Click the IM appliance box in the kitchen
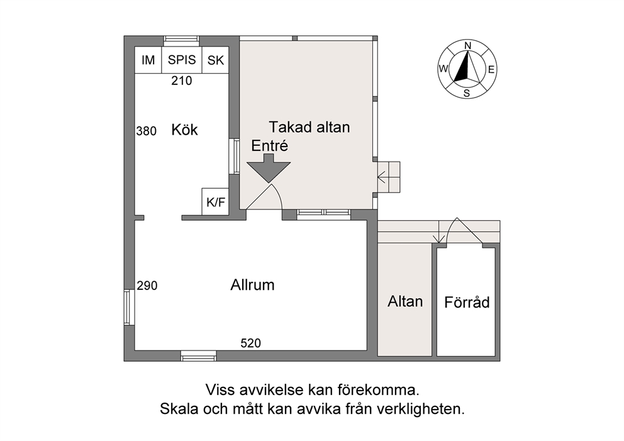coord(148,60)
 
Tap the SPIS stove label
coord(182,60)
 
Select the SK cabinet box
coord(215,60)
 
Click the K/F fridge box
coord(215,202)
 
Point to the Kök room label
coord(184,130)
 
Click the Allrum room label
coord(252,285)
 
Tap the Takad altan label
coord(309,127)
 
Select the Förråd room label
coord(467,302)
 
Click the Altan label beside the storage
coord(405,301)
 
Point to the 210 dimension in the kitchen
coord(181,81)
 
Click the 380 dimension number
coord(147,131)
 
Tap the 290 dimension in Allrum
coord(147,286)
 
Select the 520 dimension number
coord(251,343)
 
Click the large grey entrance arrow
coord(269,169)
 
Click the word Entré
coord(269,146)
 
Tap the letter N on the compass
coord(468,45)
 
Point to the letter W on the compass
coord(443,69)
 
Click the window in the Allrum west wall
coord(127,307)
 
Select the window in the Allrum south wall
coord(199,356)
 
